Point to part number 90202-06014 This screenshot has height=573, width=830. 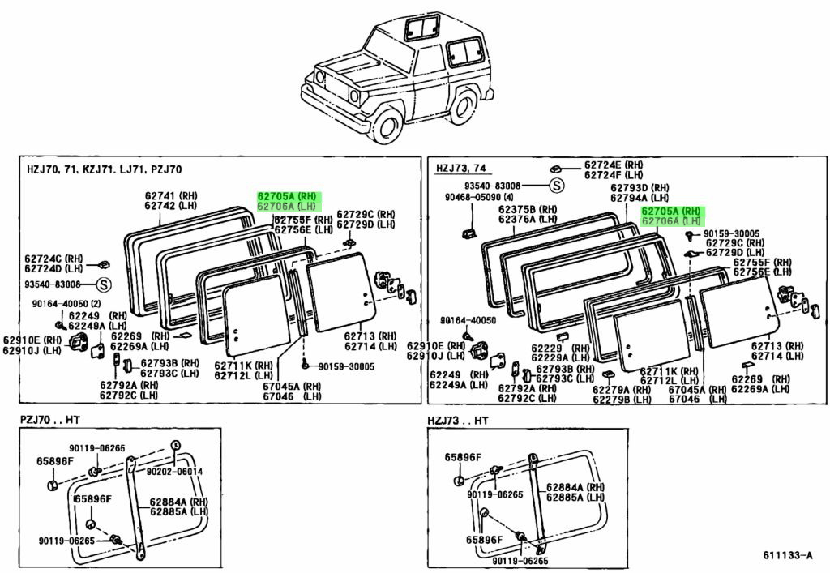(x=174, y=472)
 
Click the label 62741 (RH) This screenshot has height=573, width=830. (x=171, y=195)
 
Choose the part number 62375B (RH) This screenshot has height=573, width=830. (x=528, y=208)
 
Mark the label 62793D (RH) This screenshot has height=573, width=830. (x=640, y=187)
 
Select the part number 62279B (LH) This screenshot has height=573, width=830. (x=621, y=399)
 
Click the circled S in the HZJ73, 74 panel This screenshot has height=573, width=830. (x=557, y=186)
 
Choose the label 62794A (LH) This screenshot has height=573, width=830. (x=640, y=197)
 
